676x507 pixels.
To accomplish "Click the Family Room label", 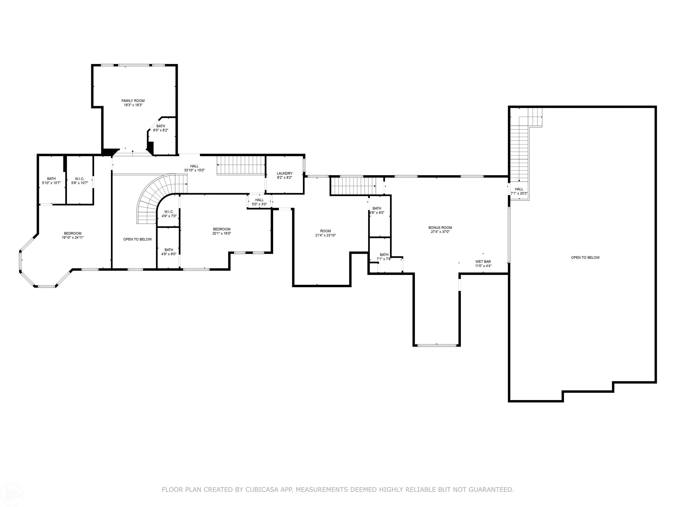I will pyautogui.click(x=133, y=101).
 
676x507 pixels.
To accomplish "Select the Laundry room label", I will pyautogui.click(x=285, y=173).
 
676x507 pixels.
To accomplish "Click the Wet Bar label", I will pyautogui.click(x=483, y=262).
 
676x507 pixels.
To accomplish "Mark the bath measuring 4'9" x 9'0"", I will pyautogui.click(x=169, y=252).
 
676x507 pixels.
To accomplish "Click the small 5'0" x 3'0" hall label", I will pyautogui.click(x=259, y=202).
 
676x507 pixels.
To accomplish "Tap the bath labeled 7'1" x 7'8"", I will pyautogui.click(x=384, y=257).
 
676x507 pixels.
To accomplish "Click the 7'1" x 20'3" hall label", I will pyautogui.click(x=519, y=191).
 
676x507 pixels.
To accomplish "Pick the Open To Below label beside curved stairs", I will pyautogui.click(x=138, y=239).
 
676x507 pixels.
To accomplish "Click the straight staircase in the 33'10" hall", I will pyautogui.click(x=241, y=165).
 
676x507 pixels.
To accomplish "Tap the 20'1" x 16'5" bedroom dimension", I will pyautogui.click(x=222, y=233).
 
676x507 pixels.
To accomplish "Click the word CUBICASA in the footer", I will pyautogui.click(x=262, y=490).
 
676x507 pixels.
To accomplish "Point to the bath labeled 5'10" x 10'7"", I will pyautogui.click(x=51, y=181).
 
